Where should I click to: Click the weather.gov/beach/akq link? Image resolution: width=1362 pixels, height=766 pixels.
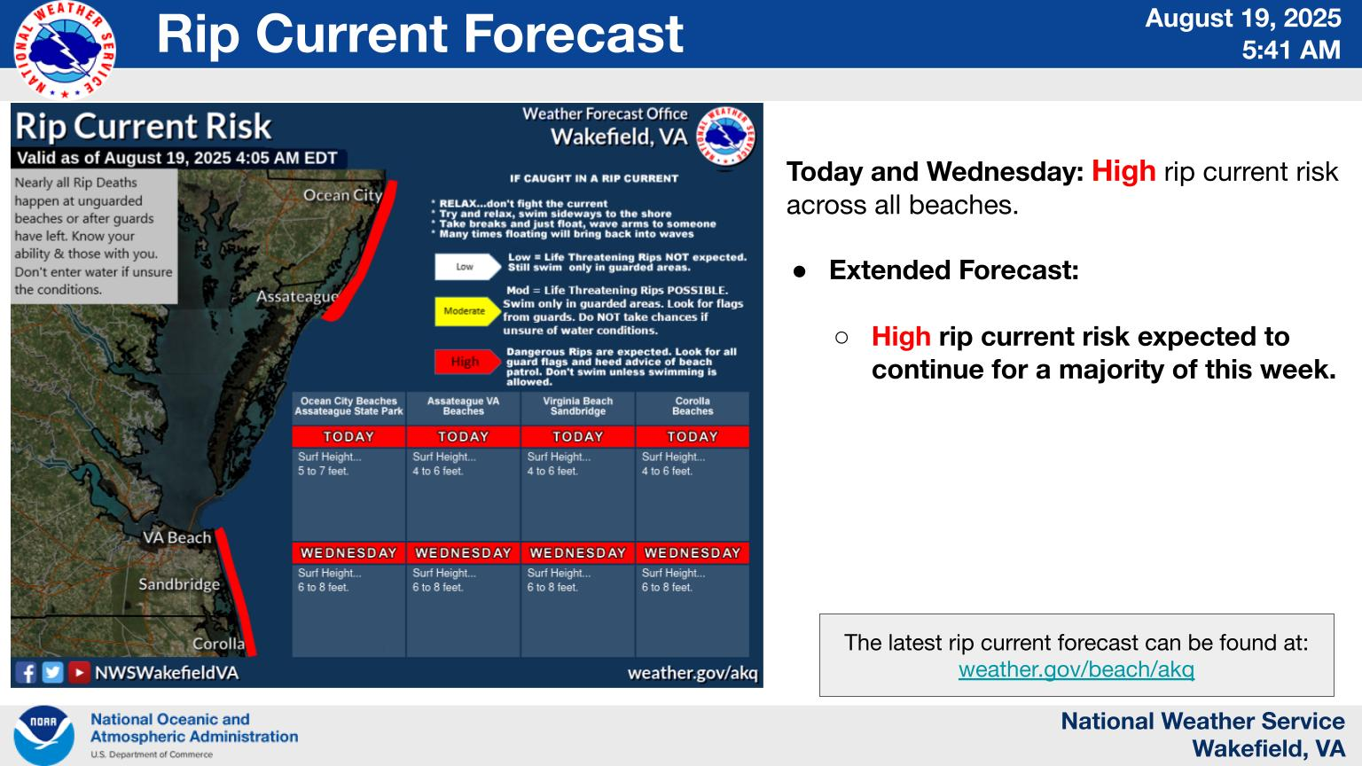1076,669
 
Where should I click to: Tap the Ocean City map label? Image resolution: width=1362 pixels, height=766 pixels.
343,195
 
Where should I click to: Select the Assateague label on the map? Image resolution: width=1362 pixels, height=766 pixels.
297,297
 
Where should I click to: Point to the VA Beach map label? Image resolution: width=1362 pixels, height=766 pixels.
177,537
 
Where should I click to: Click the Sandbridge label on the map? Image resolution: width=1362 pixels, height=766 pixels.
179,584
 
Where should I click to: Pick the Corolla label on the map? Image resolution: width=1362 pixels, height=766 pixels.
219,644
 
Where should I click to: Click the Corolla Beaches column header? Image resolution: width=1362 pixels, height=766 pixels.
693,406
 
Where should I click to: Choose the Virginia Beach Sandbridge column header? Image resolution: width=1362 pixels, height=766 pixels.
577,406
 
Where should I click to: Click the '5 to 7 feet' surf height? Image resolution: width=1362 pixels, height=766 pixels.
323,471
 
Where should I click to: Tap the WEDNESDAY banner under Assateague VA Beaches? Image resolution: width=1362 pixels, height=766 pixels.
464,553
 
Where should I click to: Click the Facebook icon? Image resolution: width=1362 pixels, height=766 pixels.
27,672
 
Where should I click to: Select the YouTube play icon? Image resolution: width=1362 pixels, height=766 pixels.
78,672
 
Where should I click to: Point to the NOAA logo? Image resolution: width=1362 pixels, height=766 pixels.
43,736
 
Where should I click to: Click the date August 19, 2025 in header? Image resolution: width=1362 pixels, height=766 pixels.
1243,19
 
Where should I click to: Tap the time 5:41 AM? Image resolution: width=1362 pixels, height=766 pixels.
1291,50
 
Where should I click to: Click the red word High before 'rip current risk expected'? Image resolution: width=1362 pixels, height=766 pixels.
901,336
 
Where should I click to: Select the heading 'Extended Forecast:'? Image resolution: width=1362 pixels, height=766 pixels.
954,270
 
